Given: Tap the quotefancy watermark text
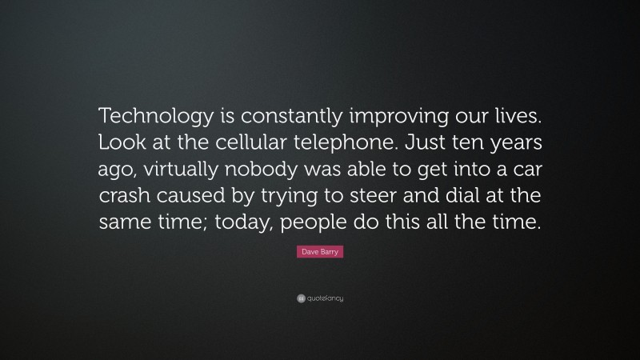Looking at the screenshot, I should pyautogui.click(x=325, y=298).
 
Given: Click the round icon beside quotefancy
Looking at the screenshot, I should pyautogui.click(x=300, y=298).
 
